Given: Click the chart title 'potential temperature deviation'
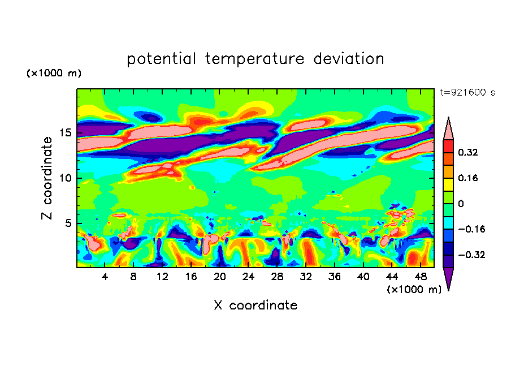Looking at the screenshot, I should pyautogui.click(x=255, y=59).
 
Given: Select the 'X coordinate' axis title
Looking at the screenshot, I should pyautogui.click(x=255, y=306).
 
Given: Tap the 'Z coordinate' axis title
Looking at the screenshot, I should pyautogui.click(x=47, y=178).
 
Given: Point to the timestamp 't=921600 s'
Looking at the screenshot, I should pyautogui.click(x=467, y=93).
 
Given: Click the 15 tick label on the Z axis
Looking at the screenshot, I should pyautogui.click(x=67, y=133).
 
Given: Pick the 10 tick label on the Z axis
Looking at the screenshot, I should pyautogui.click(x=67, y=178).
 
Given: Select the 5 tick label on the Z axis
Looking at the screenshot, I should pyautogui.click(x=70, y=223).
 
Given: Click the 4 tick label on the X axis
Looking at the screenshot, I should pyautogui.click(x=105, y=277).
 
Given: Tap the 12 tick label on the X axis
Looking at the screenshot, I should pyautogui.click(x=163, y=277).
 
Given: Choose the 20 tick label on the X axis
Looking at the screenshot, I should pyautogui.click(x=220, y=277).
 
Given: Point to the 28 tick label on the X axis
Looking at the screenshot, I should pyautogui.click(x=277, y=277).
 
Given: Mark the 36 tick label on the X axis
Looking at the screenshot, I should pyautogui.click(x=334, y=277).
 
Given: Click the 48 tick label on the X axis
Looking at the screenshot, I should pyautogui.click(x=420, y=277).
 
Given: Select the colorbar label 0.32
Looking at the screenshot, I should pyautogui.click(x=468, y=152).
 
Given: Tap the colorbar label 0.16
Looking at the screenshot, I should pyautogui.click(x=468, y=178).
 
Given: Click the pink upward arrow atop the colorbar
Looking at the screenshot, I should pyautogui.click(x=448, y=128).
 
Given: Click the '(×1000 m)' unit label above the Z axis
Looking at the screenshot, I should pyautogui.click(x=54, y=74).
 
